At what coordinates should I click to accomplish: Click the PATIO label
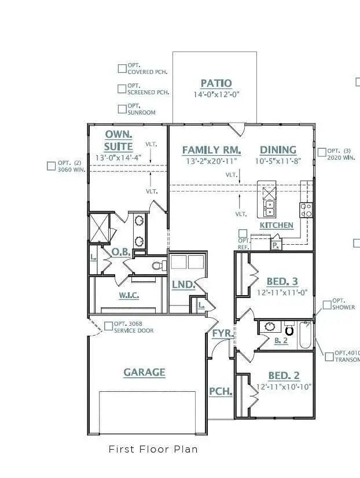click(216, 83)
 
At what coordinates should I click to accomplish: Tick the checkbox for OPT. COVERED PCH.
click(122, 68)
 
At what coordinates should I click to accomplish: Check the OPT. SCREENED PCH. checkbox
click(122, 89)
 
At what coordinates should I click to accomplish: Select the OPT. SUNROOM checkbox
click(122, 109)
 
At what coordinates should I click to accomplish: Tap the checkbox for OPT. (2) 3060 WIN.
click(51, 166)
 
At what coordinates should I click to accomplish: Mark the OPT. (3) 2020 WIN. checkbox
click(322, 153)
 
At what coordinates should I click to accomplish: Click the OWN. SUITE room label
click(119, 140)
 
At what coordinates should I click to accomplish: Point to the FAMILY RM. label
click(211, 150)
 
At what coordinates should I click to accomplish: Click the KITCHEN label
click(276, 225)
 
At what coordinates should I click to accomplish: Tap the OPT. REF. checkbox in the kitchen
click(243, 234)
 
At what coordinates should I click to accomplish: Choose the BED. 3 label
click(282, 282)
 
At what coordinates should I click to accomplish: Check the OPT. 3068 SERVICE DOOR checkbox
click(109, 326)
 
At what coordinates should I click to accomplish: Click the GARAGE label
click(144, 372)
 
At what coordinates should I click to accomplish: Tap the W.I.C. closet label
click(128, 295)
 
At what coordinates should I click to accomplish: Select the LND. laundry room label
click(183, 285)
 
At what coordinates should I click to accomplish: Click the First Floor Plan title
click(153, 449)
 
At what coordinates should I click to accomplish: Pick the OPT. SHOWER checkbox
click(327, 304)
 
